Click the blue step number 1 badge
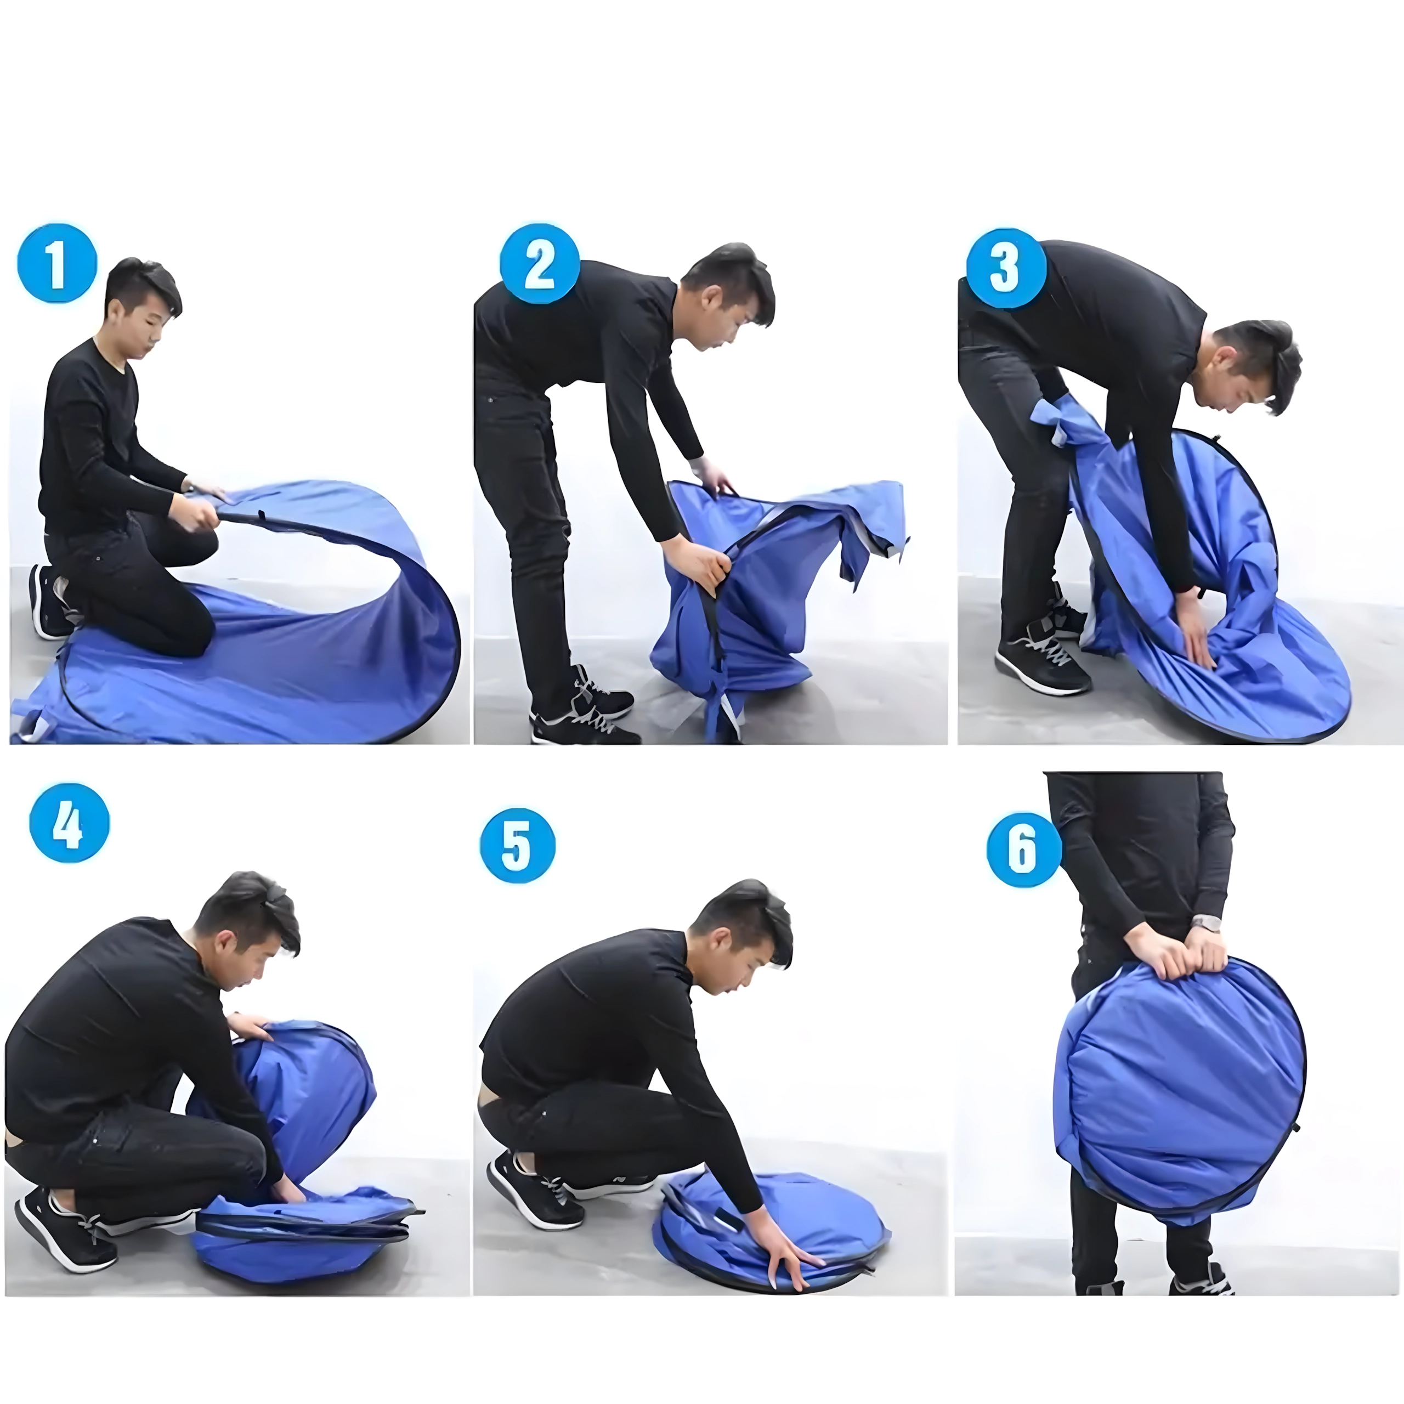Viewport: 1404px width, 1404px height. coord(56,263)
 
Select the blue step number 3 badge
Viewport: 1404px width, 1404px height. coord(1006,268)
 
